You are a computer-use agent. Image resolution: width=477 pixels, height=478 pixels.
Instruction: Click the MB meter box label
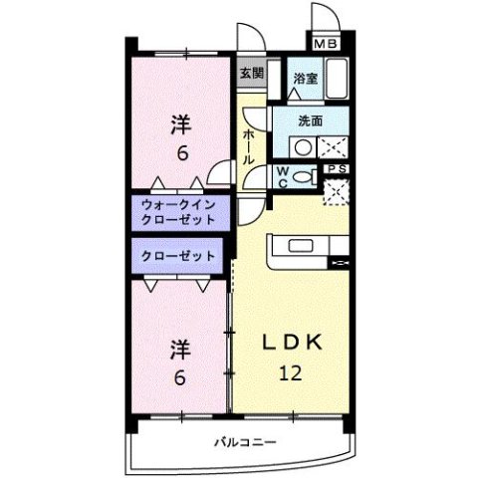pyautogui.click(x=326, y=43)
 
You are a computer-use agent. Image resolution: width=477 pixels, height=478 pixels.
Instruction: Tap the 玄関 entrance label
pyautogui.click(x=252, y=73)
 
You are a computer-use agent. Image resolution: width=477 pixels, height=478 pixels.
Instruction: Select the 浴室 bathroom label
pyautogui.click(x=305, y=77)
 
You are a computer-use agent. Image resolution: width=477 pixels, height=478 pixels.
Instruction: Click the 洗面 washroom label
pyautogui.click(x=311, y=120)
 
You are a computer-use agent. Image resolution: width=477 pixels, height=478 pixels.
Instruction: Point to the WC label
pyautogui.click(x=283, y=176)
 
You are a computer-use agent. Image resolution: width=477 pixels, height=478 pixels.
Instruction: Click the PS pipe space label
pyautogui.click(x=337, y=169)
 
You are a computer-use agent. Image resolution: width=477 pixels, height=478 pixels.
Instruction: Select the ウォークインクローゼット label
pyautogui.click(x=177, y=212)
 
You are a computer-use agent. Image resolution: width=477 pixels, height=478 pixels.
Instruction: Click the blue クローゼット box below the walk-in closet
pyautogui.click(x=177, y=256)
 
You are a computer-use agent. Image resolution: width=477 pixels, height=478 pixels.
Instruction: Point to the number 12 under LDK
pyautogui.click(x=290, y=373)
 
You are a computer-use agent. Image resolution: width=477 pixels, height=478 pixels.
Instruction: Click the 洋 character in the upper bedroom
pyautogui.click(x=179, y=124)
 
